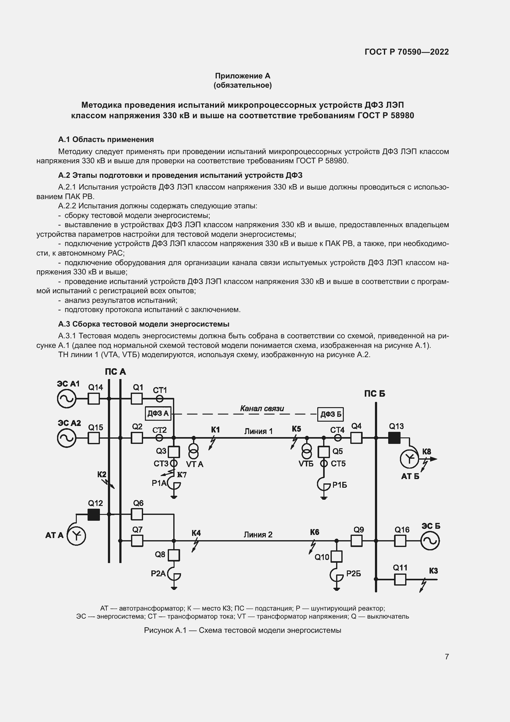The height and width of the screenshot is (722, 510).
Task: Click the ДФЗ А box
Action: click(158, 413)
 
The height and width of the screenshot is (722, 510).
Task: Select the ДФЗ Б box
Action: click(330, 414)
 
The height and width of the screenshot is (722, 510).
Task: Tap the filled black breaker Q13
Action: click(394, 437)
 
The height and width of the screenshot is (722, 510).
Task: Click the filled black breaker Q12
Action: click(94, 515)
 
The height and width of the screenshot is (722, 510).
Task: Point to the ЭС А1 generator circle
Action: click(67, 399)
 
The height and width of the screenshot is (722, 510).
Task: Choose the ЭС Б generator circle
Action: click(430, 541)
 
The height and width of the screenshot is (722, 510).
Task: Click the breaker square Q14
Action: click(94, 399)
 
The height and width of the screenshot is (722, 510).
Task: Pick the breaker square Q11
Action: click(400, 579)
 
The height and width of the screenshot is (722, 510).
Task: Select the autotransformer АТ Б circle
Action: click(409, 459)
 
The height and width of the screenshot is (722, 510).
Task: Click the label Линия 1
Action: click(258, 431)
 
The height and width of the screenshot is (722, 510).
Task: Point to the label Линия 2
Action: click(258, 535)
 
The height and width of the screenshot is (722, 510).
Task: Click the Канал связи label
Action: click(262, 408)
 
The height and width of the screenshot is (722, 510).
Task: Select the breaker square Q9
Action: click(356, 541)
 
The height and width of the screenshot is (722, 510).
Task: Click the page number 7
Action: click(447, 657)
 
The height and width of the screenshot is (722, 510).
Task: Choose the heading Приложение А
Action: click(242, 76)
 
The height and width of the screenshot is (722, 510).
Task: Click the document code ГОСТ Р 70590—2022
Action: click(407, 52)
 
